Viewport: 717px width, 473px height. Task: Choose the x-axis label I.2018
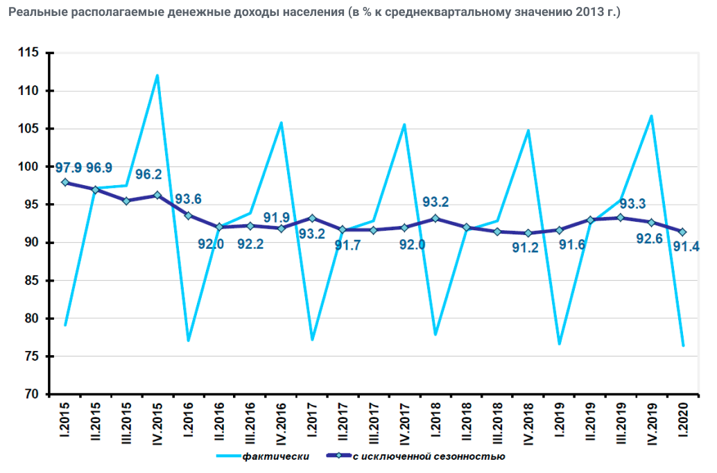click(435, 423)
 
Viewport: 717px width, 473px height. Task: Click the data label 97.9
click(69, 168)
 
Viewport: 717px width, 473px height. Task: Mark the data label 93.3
click(632, 204)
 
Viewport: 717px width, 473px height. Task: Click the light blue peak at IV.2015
click(157, 76)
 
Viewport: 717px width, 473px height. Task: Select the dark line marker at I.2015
click(64, 182)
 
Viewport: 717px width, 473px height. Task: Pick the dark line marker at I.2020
click(683, 232)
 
